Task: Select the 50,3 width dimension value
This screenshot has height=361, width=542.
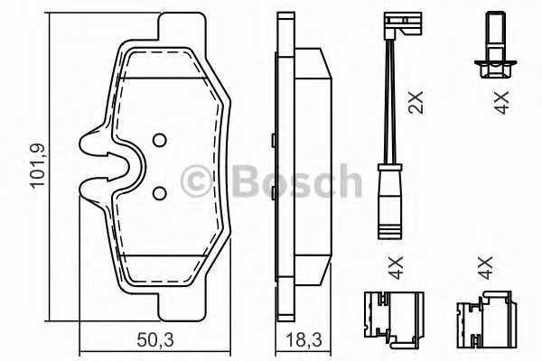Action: coord(155,340)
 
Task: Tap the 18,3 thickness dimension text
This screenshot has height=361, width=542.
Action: coord(304,340)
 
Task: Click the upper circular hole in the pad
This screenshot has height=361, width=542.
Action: coord(159,140)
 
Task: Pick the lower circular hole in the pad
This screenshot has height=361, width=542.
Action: coord(159,193)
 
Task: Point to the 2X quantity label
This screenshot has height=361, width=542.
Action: coord(416,103)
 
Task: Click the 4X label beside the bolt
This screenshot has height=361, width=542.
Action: coord(501,103)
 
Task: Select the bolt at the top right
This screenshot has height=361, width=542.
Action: coord(496,45)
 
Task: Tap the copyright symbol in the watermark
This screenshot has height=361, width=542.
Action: coord(196,180)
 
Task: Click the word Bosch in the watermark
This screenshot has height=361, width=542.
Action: coord(296,180)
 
